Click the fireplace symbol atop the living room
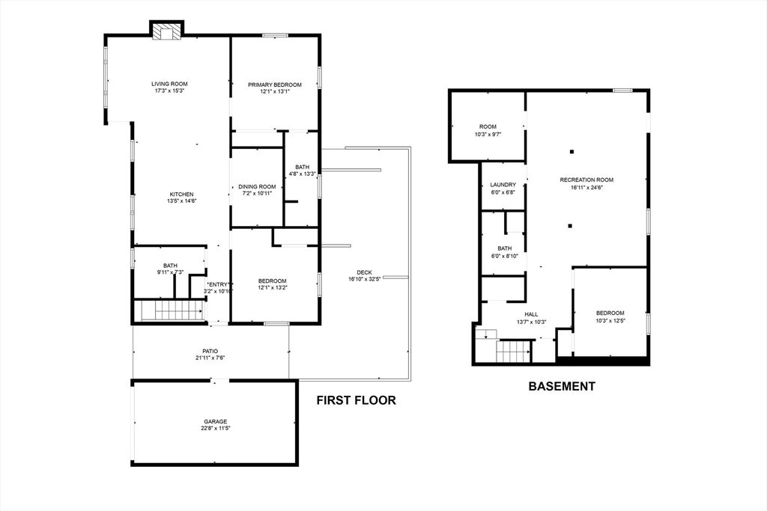click(166, 31)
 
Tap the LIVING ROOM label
click(169, 84)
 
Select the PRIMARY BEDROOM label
click(274, 85)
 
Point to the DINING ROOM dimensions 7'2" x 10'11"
click(257, 194)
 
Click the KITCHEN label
click(181, 194)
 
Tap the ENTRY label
click(218, 284)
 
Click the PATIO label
click(210, 351)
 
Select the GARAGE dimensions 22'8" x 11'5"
click(216, 429)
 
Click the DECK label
click(365, 272)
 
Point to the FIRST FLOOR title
click(356, 400)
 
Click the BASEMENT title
click(562, 386)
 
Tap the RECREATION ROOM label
click(586, 180)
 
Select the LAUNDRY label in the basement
click(503, 185)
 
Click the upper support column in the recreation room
click(572, 151)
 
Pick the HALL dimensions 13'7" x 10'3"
click(531, 322)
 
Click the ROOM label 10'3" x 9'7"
click(488, 126)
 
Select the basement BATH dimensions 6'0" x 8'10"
click(505, 256)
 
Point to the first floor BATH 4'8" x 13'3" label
click(302, 167)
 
